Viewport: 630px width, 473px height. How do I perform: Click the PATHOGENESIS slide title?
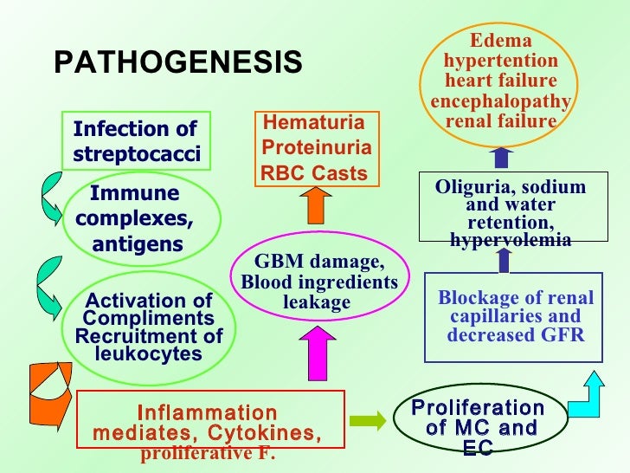(x=178, y=62)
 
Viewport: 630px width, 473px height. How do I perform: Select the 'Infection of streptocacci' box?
(x=136, y=141)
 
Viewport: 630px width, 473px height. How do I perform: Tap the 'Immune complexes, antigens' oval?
(x=136, y=219)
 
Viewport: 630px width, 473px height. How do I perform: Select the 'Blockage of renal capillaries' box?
(x=515, y=316)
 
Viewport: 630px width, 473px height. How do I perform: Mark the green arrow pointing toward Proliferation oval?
(x=368, y=421)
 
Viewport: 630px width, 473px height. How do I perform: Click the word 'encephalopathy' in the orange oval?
(x=500, y=101)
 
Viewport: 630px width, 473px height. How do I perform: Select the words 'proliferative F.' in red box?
(x=208, y=454)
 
